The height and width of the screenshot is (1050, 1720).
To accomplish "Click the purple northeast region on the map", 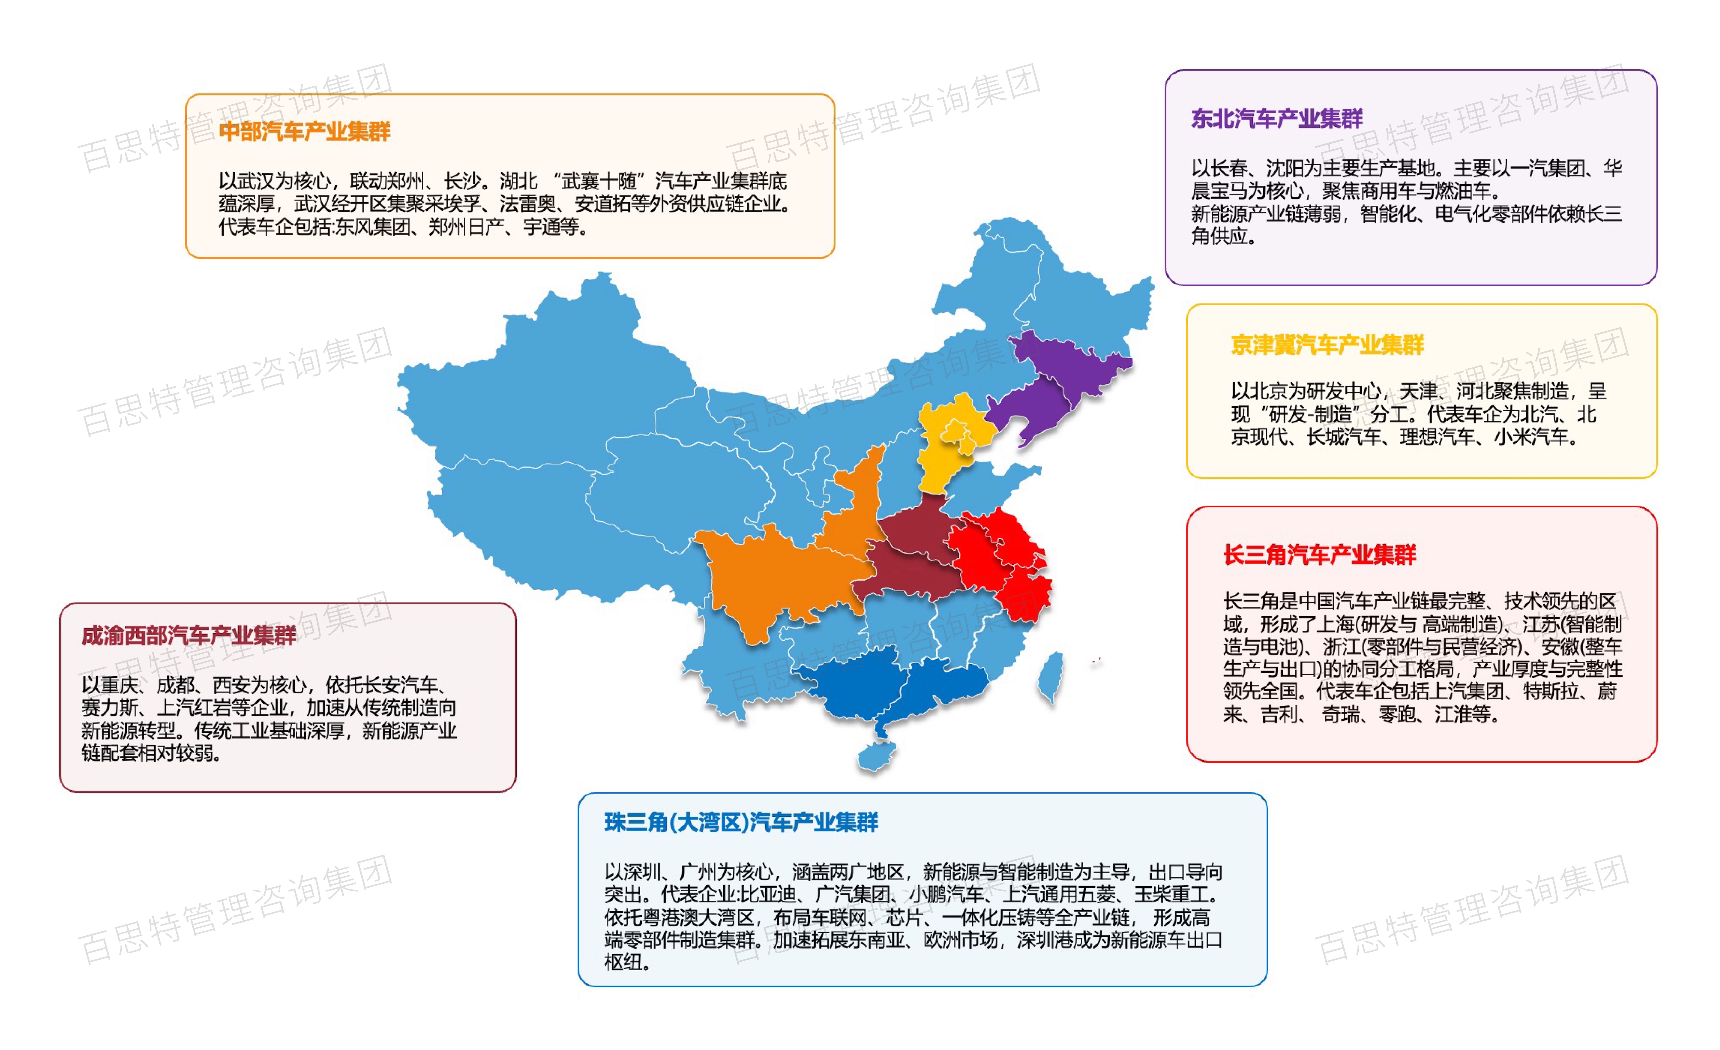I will point(1047,391).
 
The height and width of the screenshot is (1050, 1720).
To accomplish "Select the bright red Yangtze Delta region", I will point(998,558).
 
